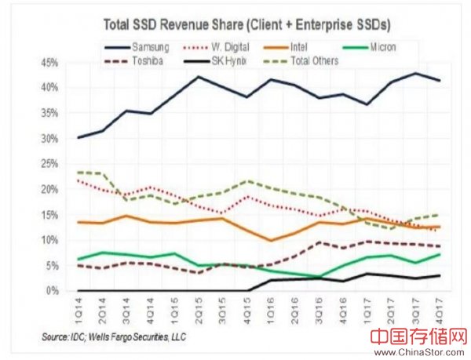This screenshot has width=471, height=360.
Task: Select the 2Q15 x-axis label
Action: (x=199, y=308)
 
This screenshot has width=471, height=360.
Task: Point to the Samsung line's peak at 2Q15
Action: (x=198, y=77)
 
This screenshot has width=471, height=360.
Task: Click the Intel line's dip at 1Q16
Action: (x=272, y=240)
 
